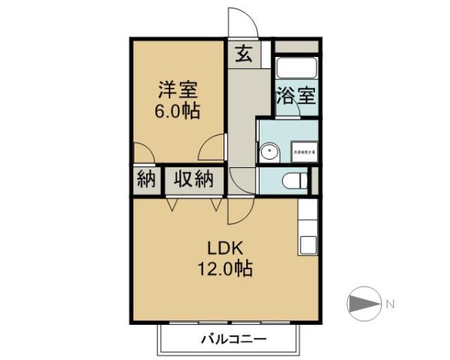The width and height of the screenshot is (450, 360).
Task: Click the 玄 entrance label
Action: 244,53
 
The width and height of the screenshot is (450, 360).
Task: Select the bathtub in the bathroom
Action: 296,69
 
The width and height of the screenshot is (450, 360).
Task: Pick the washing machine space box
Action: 304,152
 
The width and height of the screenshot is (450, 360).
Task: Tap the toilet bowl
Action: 295,180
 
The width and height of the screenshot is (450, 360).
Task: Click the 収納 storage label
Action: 194,179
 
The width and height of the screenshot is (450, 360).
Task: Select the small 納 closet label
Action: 145,179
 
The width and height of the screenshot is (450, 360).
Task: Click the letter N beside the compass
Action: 390,304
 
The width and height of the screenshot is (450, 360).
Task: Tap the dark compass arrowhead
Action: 362,304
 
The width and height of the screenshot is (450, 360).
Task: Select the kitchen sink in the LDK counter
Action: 307,244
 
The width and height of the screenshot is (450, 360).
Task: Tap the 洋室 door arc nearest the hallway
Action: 211,146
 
